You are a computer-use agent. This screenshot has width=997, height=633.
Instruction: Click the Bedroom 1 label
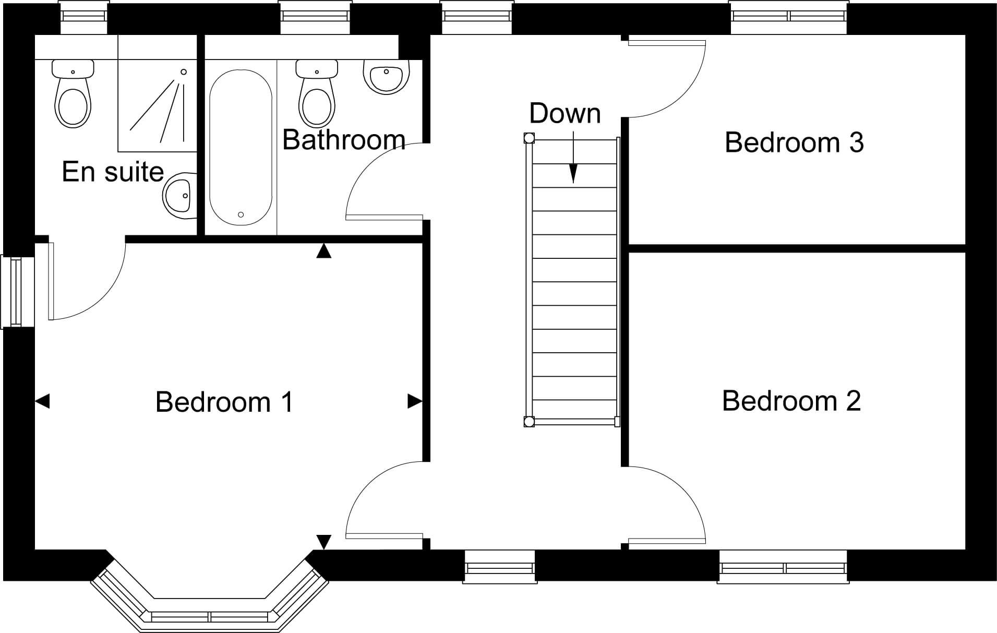tap(224, 402)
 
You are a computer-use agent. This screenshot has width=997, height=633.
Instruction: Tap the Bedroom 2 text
tap(791, 401)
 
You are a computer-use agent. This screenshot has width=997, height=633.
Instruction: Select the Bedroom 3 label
tap(794, 142)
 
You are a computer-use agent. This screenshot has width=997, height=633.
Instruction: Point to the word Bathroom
tap(344, 140)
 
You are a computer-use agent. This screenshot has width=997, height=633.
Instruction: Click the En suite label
tap(113, 172)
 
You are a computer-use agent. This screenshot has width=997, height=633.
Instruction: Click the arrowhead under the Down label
tap(573, 174)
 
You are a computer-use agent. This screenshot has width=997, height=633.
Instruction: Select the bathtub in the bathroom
tap(241, 148)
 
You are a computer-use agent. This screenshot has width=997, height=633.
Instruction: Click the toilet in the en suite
tap(73, 93)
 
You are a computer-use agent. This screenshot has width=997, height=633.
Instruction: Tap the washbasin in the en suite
tap(180, 196)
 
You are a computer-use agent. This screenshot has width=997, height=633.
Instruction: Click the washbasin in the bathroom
tap(386, 77)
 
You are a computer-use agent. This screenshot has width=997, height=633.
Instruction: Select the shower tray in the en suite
tap(157, 105)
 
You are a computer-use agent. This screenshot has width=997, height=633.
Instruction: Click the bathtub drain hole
tap(241, 214)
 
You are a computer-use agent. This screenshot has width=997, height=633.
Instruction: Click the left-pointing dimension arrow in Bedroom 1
tap(42, 401)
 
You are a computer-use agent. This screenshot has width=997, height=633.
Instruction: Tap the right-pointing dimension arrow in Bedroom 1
tap(415, 401)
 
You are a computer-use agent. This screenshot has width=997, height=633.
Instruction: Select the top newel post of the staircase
tap(529, 138)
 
